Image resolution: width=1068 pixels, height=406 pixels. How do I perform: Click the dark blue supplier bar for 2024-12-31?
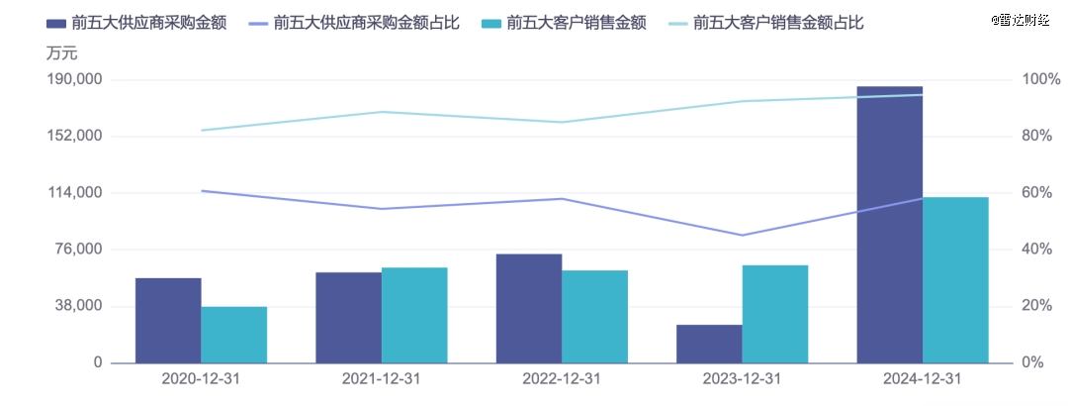click(x=889, y=224)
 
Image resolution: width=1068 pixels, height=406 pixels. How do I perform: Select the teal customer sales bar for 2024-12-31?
click(x=955, y=279)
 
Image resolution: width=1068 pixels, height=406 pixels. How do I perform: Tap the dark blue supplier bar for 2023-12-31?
click(x=709, y=344)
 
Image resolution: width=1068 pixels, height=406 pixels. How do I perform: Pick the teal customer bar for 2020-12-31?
click(x=234, y=335)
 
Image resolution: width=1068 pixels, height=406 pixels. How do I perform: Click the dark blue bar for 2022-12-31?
click(x=529, y=308)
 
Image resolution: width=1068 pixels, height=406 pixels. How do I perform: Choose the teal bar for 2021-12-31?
click(x=414, y=315)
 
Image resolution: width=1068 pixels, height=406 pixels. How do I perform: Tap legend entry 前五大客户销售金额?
click(x=576, y=22)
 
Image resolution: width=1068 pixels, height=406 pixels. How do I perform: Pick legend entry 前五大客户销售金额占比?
click(x=778, y=22)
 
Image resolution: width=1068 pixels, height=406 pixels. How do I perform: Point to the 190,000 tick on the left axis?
click(x=76, y=79)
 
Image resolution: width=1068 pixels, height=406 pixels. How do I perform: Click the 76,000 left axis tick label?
click(x=80, y=250)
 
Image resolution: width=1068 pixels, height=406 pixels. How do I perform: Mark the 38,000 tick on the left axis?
click(x=80, y=306)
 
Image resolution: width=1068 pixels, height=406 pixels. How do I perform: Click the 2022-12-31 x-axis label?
click(x=562, y=379)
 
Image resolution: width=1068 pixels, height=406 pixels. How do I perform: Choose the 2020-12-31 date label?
click(x=201, y=379)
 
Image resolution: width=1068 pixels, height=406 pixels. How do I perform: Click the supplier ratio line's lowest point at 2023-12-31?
click(x=743, y=235)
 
